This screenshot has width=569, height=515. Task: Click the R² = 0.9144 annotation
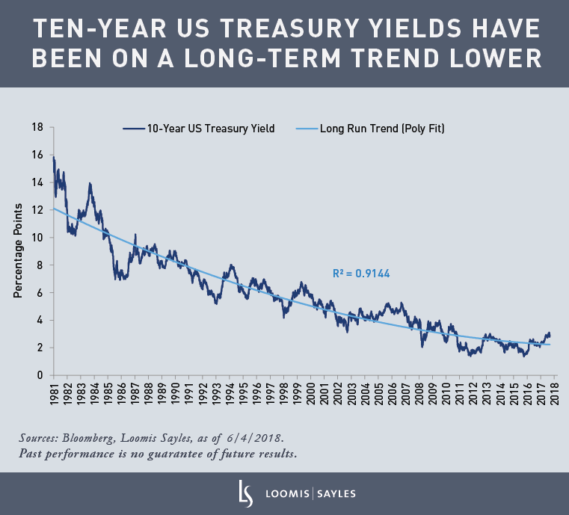(x=361, y=274)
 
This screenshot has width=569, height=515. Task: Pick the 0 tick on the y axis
(x=40, y=375)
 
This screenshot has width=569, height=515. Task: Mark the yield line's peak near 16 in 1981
(x=54, y=156)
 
